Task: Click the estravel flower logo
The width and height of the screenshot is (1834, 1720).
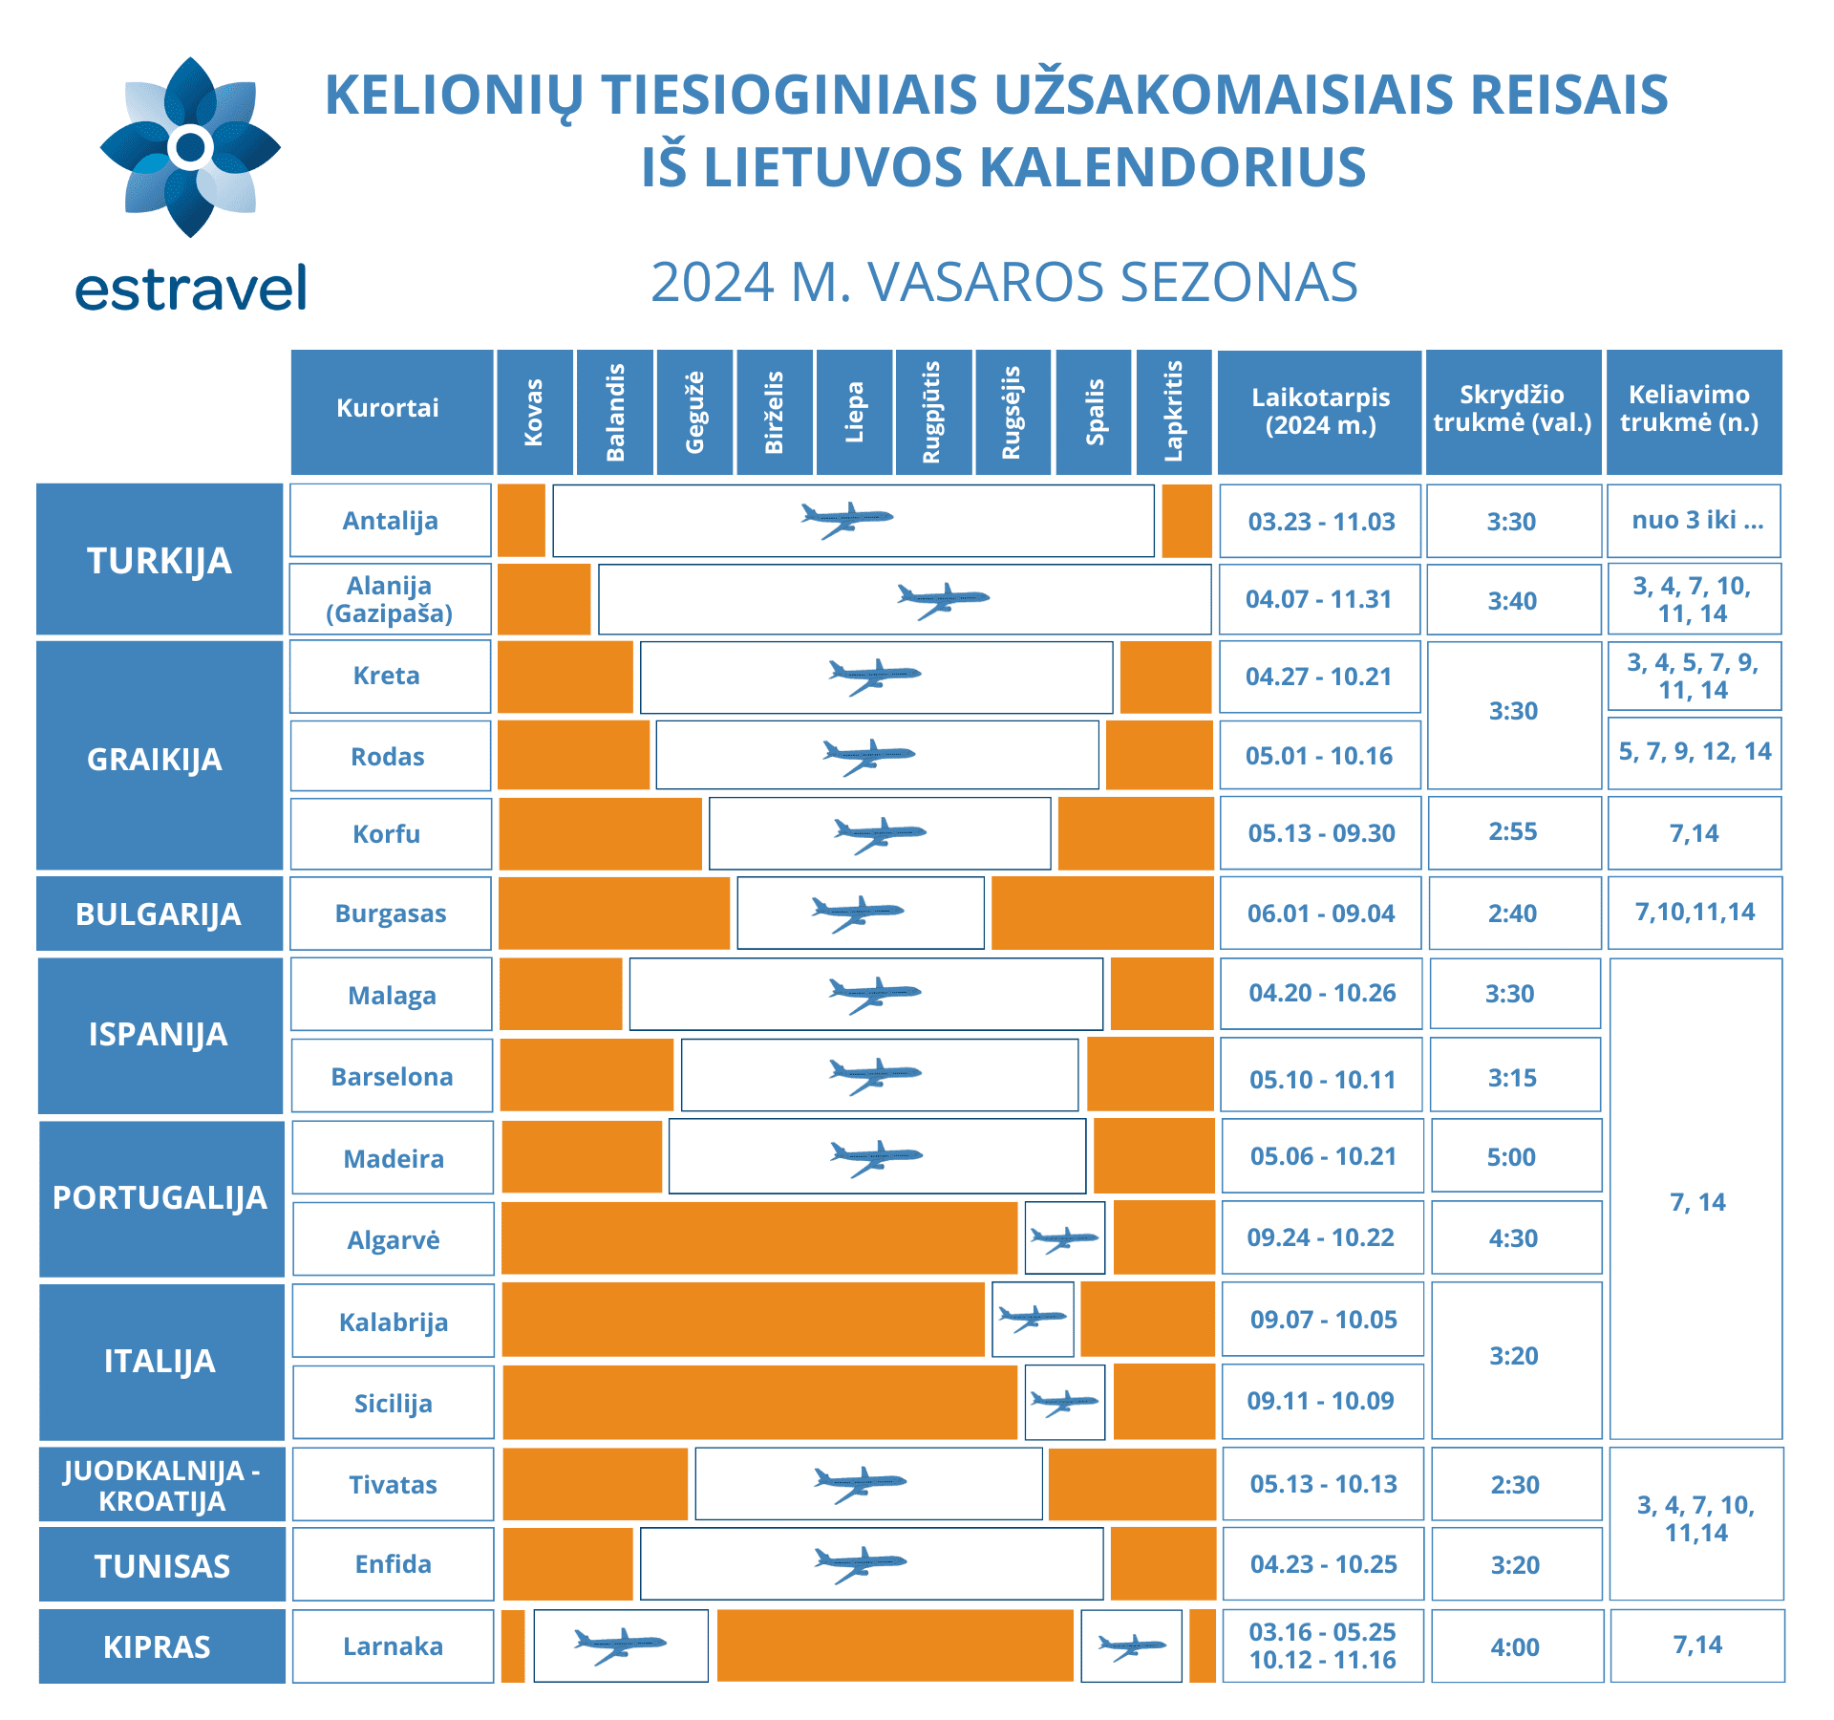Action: pyautogui.click(x=190, y=147)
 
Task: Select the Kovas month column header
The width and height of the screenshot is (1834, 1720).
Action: pyautogui.click(x=534, y=412)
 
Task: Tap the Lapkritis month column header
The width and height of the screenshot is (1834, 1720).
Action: pyautogui.click(x=1174, y=412)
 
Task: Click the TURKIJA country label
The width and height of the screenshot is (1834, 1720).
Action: pyautogui.click(x=160, y=560)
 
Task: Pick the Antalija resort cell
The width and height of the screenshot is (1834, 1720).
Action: pyautogui.click(x=391, y=521)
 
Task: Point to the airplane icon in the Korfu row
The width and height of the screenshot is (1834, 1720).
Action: pyautogui.click(x=879, y=834)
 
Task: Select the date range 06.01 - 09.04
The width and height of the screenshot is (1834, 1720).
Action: pyautogui.click(x=1321, y=914)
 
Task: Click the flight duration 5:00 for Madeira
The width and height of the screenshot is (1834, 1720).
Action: pyautogui.click(x=1511, y=1157)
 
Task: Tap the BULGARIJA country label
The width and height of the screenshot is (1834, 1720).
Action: pyautogui.click(x=159, y=914)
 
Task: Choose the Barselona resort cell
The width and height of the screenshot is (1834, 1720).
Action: pyautogui.click(x=392, y=1077)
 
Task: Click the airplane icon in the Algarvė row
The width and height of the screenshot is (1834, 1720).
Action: pyautogui.click(x=1064, y=1239)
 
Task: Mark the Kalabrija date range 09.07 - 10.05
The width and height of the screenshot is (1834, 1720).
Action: pyautogui.click(x=1323, y=1320)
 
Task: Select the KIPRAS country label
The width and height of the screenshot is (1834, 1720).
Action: pyautogui.click(x=158, y=1647)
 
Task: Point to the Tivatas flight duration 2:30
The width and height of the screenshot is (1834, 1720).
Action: pyautogui.click(x=1515, y=1485)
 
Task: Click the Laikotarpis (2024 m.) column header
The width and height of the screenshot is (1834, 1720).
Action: pyautogui.click(x=1321, y=412)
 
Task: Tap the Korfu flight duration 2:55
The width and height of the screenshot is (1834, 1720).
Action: pyautogui.click(x=1513, y=831)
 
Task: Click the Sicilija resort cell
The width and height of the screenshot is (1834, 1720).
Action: pyautogui.click(x=393, y=1404)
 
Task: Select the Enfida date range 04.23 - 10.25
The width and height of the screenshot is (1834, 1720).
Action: pyautogui.click(x=1323, y=1564)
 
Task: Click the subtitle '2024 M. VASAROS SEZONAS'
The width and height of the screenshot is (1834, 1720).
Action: pyautogui.click(x=1004, y=283)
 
